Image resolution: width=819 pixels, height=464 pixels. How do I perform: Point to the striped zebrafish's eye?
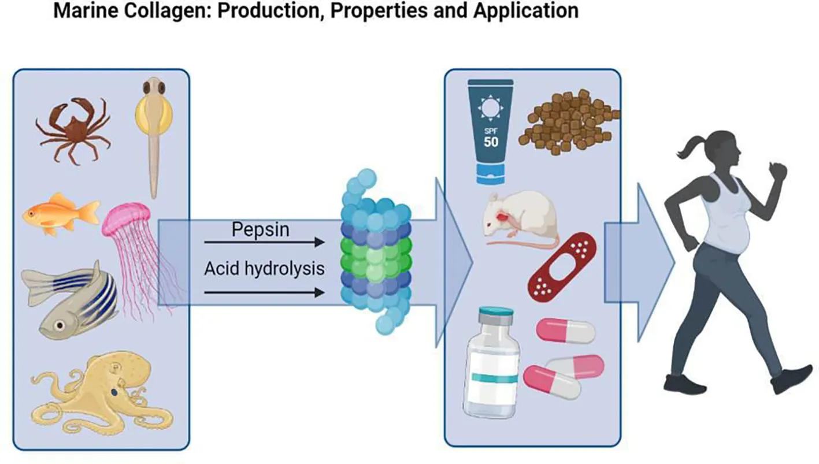[x=59, y=325]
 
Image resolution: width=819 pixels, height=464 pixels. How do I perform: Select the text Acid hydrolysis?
[x=264, y=269]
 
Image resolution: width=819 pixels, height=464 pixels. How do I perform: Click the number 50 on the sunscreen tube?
[x=491, y=142]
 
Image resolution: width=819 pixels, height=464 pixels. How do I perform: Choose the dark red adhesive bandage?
[x=562, y=263]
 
